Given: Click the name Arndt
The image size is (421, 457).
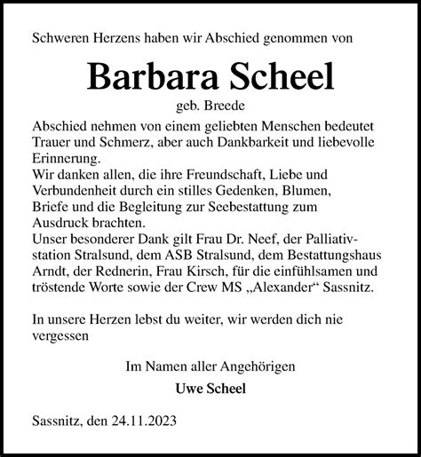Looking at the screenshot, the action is (51, 272).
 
